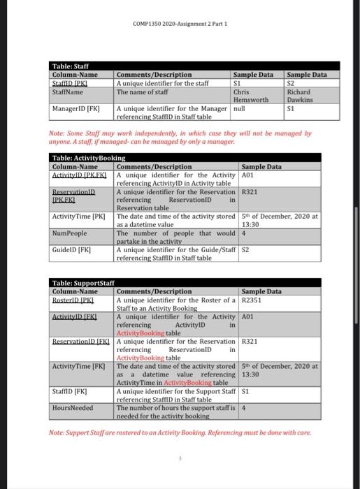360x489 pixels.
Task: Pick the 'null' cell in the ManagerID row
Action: (x=239, y=109)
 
